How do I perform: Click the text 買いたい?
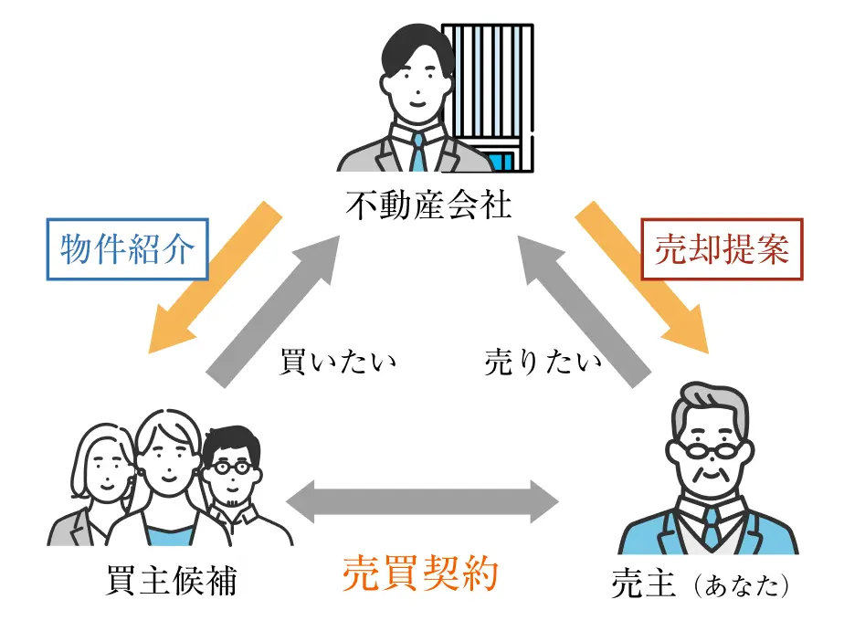click(337, 362)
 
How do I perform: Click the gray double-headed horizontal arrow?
click(422, 500)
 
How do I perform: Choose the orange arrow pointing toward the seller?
click(645, 279)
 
